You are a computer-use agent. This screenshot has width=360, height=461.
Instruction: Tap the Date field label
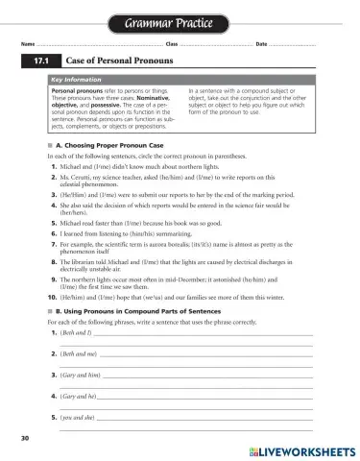pos(261,44)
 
